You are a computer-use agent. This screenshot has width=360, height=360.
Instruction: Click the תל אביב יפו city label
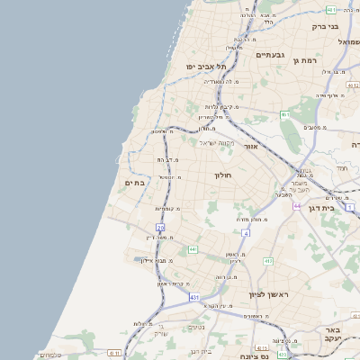(x=206, y=67)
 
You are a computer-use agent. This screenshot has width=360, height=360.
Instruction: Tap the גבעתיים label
(x=270, y=55)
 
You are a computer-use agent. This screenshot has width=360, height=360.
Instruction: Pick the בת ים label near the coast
(x=133, y=183)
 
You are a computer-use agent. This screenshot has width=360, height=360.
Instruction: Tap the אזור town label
(x=251, y=146)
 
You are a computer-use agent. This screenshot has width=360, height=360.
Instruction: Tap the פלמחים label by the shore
(x=50, y=355)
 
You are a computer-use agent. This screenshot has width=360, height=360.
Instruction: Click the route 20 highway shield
(x=160, y=228)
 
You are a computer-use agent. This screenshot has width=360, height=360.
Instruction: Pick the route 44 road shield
(x=295, y=205)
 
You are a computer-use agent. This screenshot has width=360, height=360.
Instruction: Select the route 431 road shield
(x=194, y=295)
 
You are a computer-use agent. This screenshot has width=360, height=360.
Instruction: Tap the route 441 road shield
(x=193, y=248)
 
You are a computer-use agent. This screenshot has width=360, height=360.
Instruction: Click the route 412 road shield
(x=268, y=261)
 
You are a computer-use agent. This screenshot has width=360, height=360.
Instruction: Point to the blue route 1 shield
(x=350, y=208)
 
